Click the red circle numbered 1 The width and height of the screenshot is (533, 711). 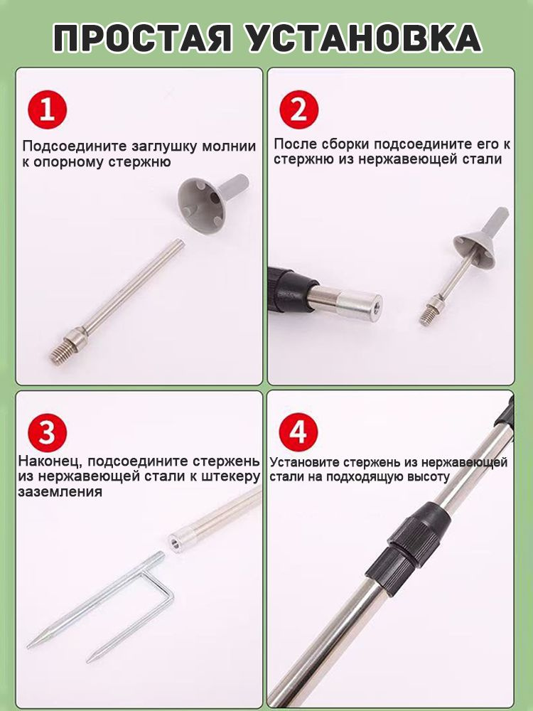pos(47,109)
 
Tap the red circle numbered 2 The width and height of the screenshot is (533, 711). pos(298,109)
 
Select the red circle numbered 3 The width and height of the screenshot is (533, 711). pos(47,432)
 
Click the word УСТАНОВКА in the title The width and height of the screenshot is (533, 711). pos(364,38)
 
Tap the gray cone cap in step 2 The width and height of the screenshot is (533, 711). pos(480,237)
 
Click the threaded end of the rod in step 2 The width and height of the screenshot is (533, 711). pos(429,316)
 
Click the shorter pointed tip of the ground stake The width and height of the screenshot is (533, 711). pos(90,659)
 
